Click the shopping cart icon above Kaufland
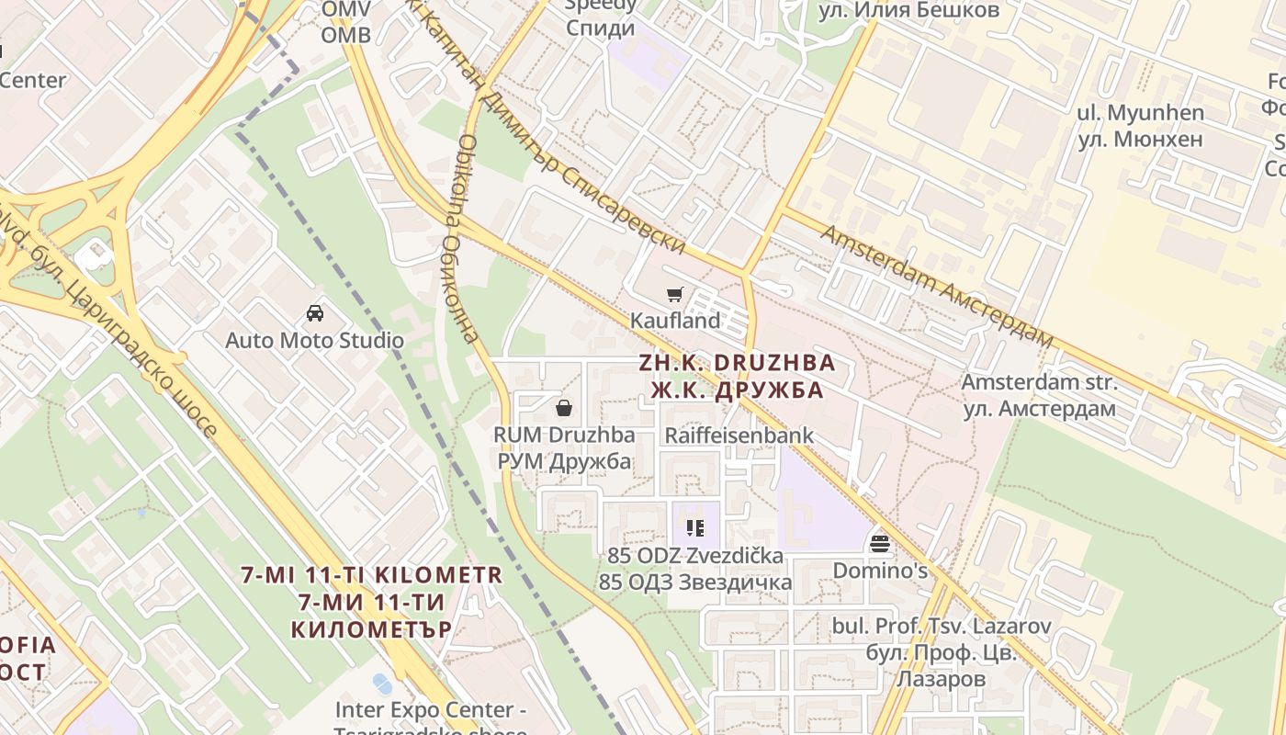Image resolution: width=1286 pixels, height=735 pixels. (675, 295)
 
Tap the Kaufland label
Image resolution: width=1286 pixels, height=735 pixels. (675, 322)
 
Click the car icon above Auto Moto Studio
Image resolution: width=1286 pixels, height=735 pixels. (315, 313)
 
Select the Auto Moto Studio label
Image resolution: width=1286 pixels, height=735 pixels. (315, 341)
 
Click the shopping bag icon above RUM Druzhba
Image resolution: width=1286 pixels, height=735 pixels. (564, 407)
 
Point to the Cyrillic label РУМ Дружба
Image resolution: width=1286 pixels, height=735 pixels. (564, 461)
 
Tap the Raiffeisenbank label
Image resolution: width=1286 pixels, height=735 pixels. (739, 435)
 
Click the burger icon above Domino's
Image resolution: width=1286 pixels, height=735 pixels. (880, 544)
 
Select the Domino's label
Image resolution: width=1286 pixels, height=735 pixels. (880, 571)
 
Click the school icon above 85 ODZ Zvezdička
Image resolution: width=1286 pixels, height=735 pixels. (695, 528)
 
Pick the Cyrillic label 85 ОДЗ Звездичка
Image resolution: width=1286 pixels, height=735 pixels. (695, 582)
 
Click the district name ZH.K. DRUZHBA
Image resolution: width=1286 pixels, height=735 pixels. (738, 363)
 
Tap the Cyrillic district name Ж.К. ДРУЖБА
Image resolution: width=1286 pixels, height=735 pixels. (738, 390)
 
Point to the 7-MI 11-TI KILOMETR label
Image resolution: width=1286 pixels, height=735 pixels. (372, 576)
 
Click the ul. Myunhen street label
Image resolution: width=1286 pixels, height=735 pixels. (1140, 113)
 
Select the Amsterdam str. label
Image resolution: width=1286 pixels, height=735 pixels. (1039, 382)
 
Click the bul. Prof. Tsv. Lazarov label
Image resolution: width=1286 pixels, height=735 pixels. (942, 627)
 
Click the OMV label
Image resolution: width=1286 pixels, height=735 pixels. (346, 9)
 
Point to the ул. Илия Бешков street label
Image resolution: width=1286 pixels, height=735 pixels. (909, 10)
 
